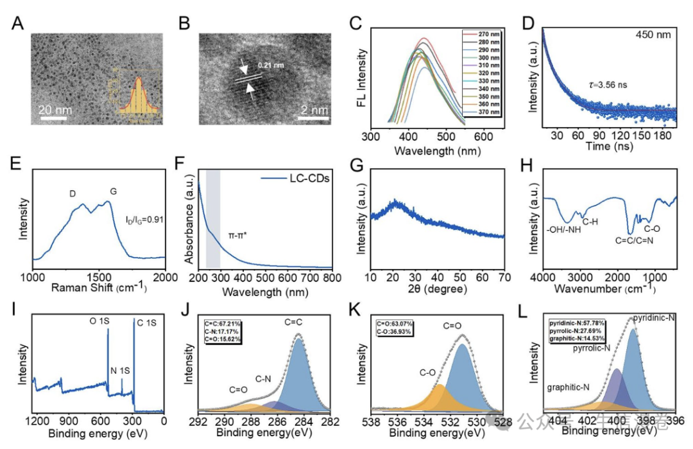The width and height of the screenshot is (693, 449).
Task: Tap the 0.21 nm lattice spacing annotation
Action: pyautogui.click(x=269, y=66)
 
